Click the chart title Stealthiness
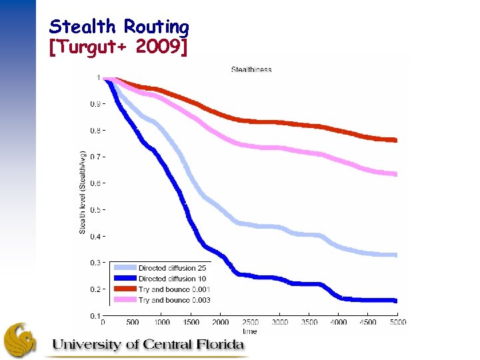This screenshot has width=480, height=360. (251, 69)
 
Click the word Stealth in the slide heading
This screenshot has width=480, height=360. (73, 27)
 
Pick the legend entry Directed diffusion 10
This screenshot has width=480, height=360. (172, 279)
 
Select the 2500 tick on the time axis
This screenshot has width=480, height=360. (250, 323)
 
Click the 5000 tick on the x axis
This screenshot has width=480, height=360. (397, 323)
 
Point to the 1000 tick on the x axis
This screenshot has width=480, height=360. (162, 323)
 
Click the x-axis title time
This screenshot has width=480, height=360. (250, 331)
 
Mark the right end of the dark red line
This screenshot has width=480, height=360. (396, 140)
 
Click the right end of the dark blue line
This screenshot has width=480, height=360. (396, 301)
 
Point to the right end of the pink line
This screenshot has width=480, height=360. (396, 174)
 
